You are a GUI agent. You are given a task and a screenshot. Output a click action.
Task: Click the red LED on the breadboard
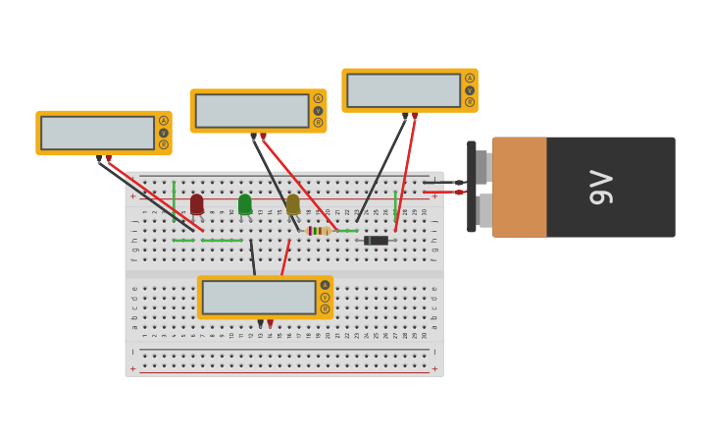coord(197,203)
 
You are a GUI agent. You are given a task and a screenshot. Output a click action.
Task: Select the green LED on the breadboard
coord(245,203)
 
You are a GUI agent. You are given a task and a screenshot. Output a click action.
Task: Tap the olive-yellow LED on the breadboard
coord(293,204)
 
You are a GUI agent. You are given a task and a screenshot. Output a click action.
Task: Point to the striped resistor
coord(319,231)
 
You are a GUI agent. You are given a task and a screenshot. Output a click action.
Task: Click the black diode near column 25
coord(377,240)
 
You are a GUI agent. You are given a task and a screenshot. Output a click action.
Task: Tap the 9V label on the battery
coord(600,187)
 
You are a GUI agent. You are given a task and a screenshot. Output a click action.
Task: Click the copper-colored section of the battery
coord(520,187)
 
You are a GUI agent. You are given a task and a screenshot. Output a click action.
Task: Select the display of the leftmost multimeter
coord(97,133)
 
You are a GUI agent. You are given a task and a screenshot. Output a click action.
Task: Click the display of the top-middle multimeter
coord(252,111)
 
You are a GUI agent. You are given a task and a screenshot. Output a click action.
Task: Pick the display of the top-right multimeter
coord(403,90)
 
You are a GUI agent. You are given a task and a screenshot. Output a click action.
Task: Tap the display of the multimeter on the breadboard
coord(259,297)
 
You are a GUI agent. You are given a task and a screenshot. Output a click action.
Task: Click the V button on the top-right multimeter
coord(470,90)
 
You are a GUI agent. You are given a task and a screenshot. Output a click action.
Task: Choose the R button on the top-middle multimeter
coord(318,123)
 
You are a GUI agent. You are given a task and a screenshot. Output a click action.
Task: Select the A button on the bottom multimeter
coord(325,285)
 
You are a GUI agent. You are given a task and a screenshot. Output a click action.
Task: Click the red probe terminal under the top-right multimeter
coord(415,116)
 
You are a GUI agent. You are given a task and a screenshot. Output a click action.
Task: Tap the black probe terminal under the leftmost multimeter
coord(99,158)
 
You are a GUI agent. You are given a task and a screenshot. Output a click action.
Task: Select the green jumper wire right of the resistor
coord(346,231)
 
